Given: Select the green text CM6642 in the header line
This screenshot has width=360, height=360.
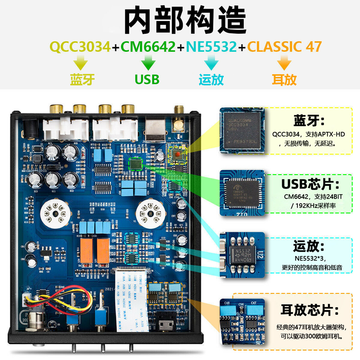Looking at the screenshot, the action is point(147,47).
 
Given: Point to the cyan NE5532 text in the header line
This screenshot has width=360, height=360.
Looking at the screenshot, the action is point(211,47).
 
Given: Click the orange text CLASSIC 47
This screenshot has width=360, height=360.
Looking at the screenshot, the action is point(284,47).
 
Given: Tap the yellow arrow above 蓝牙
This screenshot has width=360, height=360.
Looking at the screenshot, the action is point(81,62).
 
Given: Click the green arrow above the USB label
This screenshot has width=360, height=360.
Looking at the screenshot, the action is point(147,62).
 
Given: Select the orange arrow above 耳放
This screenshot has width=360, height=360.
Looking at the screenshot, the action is point(284,62).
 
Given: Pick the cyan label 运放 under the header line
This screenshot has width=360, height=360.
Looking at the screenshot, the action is point(211,80).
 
